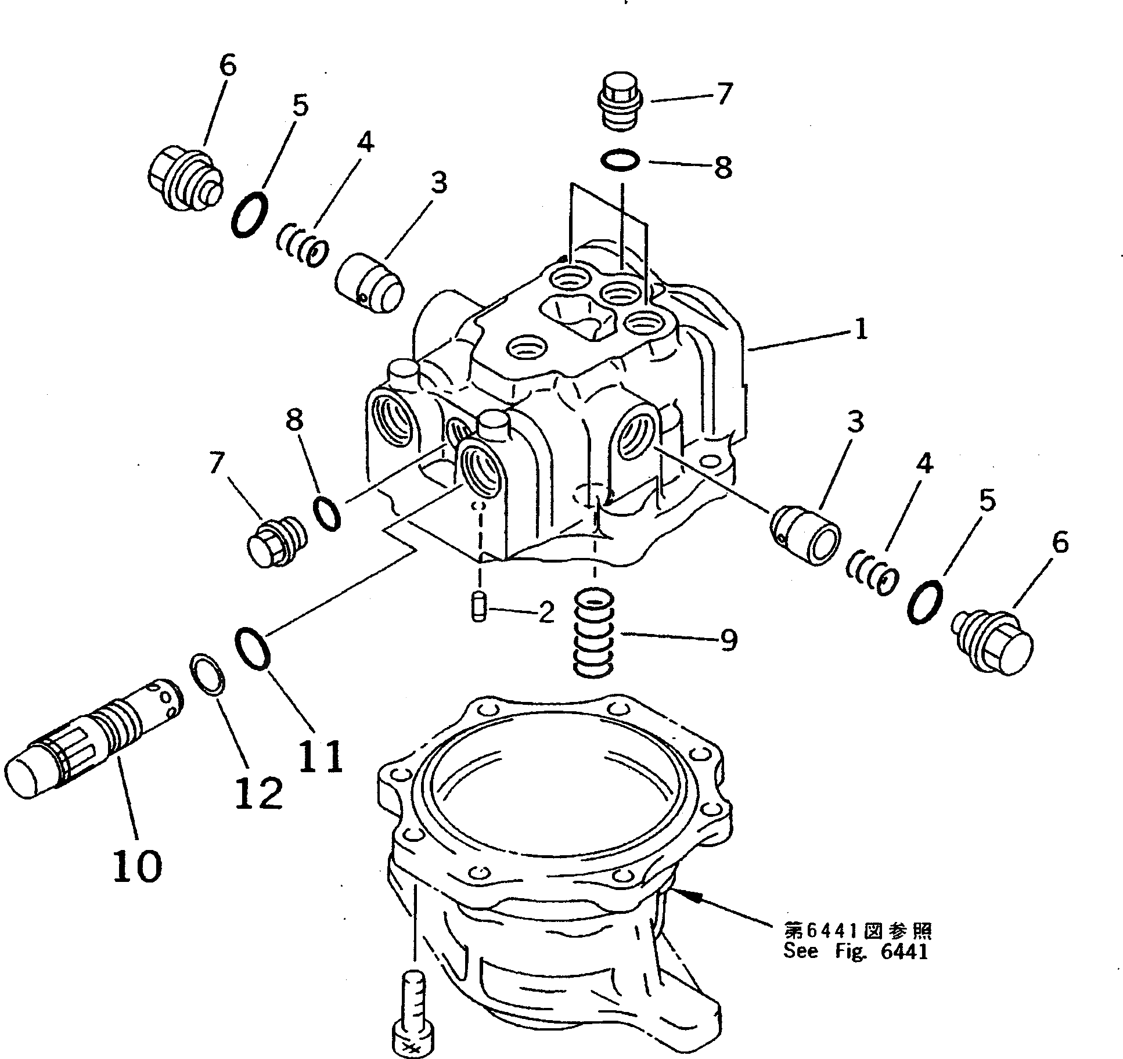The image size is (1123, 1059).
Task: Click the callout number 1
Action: point(861,330)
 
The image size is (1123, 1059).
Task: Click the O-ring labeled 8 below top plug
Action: point(620,160)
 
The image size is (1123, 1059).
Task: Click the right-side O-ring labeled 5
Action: point(924,601)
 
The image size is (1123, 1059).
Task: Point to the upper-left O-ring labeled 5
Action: point(249,214)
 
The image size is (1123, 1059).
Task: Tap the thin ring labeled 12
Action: point(207,673)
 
